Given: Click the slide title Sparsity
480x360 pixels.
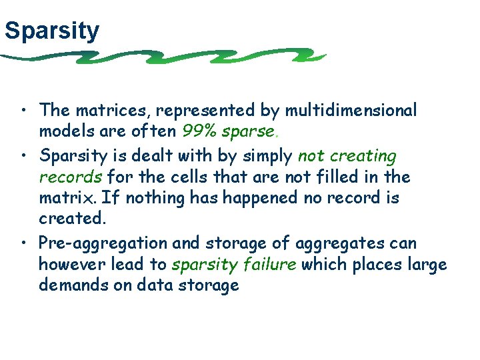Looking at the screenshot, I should pyautogui.click(x=51, y=30).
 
